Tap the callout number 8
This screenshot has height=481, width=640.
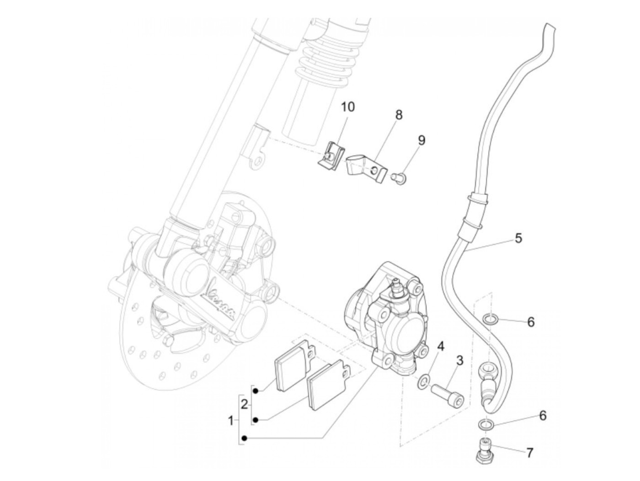[x=399, y=115]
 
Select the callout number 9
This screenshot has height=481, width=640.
[x=421, y=140]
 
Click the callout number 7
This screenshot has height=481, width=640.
[x=529, y=453]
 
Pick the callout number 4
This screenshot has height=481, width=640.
[x=440, y=347]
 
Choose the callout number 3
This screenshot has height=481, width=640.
[x=459, y=361]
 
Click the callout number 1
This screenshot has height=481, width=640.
[x=231, y=421]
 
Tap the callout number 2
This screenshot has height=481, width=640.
[x=244, y=404]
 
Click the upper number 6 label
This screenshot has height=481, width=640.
[x=531, y=322]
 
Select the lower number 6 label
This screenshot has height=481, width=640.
[x=543, y=416]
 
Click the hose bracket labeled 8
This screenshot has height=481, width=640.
[x=366, y=168]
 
